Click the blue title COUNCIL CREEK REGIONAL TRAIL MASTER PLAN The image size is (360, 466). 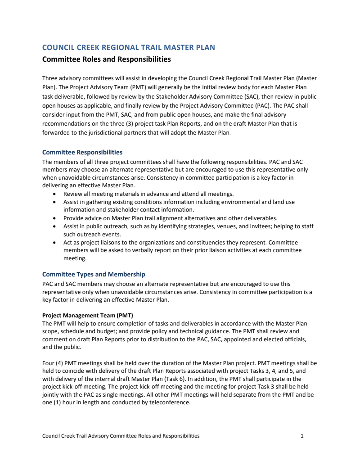pyautogui.click(x=128, y=47)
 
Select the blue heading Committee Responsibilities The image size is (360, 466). pyautogui.click(x=82, y=152)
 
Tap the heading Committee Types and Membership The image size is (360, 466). pyautogui.click(x=94, y=274)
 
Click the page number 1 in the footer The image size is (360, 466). pyautogui.click(x=302, y=436)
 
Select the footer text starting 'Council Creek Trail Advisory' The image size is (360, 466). pyautogui.click(x=121, y=436)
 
